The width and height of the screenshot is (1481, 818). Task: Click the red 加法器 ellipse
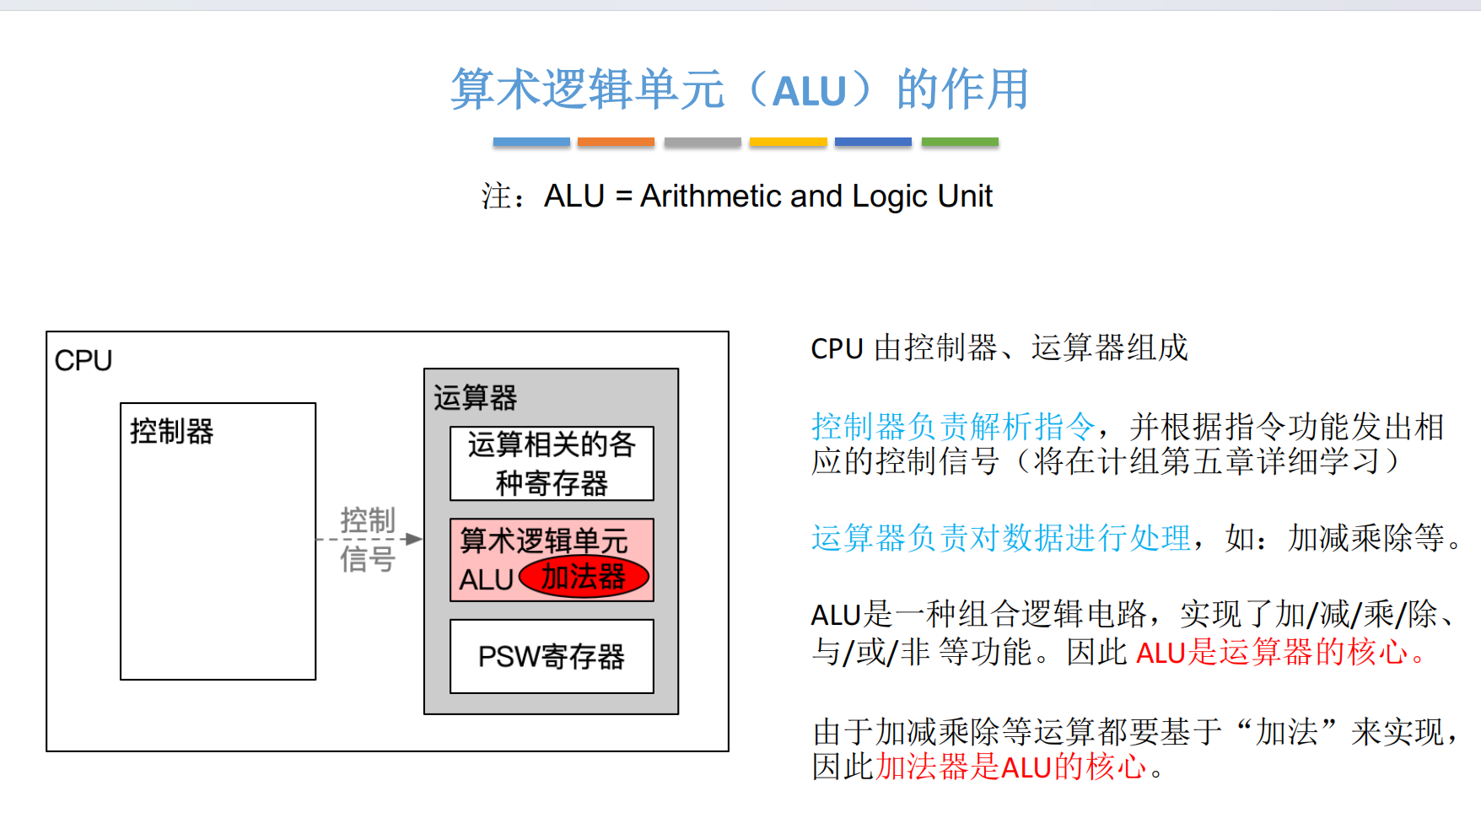click(584, 578)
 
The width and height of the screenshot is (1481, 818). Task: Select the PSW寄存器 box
click(552, 656)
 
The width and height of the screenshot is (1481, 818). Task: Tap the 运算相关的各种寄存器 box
click(552, 464)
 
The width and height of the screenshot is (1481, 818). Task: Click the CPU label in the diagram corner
click(83, 361)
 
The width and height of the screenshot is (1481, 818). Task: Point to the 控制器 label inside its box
click(172, 432)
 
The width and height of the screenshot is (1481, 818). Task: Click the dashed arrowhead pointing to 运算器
click(413, 539)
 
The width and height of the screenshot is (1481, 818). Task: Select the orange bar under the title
click(616, 142)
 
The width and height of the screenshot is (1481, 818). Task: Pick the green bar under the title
click(960, 142)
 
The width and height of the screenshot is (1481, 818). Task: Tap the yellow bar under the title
click(788, 142)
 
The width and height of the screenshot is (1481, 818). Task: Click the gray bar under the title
click(703, 142)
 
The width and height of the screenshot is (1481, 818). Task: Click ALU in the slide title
click(809, 91)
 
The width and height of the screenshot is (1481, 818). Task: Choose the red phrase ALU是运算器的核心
click(1274, 652)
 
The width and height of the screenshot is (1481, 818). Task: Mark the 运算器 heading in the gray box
click(476, 398)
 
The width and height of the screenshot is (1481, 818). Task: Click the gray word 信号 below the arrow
click(368, 558)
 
